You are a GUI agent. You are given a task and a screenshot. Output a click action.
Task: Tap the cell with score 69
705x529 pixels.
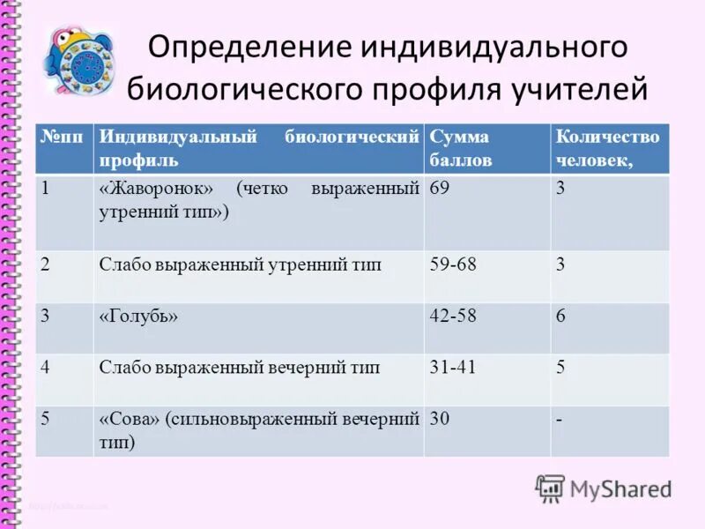click(x=440, y=190)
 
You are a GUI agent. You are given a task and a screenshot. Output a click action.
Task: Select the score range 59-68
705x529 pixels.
click(x=453, y=265)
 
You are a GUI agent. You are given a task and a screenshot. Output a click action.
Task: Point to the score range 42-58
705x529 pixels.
click(x=453, y=317)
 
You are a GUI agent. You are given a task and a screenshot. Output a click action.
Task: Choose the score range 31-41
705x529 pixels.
click(x=453, y=368)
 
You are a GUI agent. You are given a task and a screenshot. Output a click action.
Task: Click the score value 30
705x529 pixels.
click(x=440, y=420)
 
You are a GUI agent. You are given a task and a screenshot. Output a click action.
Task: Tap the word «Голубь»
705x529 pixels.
click(x=138, y=317)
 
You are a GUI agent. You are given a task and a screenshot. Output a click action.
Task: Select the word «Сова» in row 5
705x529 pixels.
click(x=129, y=420)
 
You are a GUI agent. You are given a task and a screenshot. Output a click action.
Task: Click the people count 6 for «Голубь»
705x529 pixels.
click(x=560, y=317)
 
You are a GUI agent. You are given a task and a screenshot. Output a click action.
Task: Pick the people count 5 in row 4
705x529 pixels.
click(x=560, y=368)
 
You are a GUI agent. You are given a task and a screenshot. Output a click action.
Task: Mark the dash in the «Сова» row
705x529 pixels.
click(x=559, y=420)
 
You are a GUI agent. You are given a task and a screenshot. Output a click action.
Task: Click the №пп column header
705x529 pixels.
click(x=63, y=138)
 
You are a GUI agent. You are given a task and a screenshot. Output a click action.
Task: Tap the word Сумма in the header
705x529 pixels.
click(x=459, y=138)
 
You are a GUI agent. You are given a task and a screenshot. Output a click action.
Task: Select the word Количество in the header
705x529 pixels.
click(x=606, y=138)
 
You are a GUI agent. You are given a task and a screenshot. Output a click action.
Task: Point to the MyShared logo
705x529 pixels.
click(x=604, y=488)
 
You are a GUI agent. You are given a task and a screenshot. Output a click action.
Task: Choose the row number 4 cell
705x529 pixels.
click(x=47, y=368)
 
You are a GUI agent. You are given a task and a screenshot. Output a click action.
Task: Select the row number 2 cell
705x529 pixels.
click(x=47, y=265)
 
